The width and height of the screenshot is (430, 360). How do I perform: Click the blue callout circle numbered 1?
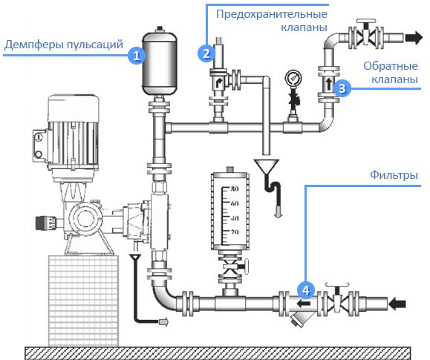137,56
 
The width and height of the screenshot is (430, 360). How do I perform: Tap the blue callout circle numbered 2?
206,53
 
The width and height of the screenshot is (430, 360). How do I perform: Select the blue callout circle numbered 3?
342,88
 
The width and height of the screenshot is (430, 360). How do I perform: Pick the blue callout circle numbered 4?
306,289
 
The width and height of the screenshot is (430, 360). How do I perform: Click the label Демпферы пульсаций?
64,44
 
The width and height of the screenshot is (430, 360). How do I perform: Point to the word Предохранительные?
272,14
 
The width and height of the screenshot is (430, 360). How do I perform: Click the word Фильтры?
394,174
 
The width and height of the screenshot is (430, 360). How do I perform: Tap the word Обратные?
391,66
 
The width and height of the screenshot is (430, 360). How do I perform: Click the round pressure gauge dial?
293,78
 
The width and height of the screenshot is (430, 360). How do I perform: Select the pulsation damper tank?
160,63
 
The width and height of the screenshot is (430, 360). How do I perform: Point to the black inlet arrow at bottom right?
397,304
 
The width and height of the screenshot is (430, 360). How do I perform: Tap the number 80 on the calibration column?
235,189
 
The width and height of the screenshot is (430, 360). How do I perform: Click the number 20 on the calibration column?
235,232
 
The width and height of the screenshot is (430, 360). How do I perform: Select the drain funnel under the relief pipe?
266,166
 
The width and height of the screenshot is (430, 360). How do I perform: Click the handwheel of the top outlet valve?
365,21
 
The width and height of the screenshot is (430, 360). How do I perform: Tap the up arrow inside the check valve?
329,83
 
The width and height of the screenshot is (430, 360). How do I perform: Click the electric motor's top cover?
74,108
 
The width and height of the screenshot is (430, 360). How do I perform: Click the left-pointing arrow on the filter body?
304,304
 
